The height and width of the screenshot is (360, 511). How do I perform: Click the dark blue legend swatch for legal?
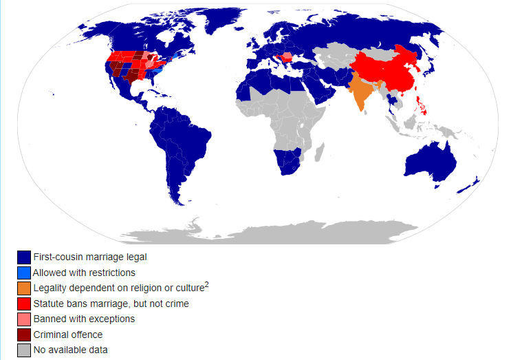pyautogui.click(x=24, y=257)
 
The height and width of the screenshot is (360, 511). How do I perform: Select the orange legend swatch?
pyautogui.click(x=24, y=288)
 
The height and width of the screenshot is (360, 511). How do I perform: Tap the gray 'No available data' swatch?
pyautogui.click(x=24, y=350)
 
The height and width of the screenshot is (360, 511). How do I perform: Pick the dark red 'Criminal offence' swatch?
pyautogui.click(x=24, y=335)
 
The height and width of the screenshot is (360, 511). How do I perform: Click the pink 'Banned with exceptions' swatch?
pyautogui.click(x=24, y=319)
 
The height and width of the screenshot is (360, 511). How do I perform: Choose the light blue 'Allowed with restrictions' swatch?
pyautogui.click(x=24, y=273)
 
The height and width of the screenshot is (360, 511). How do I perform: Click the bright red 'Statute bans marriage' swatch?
pyautogui.click(x=24, y=304)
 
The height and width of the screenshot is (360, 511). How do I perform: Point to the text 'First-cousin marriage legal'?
pyautogui.click(x=90, y=257)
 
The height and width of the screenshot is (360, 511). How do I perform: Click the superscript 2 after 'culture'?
pyautogui.click(x=206, y=284)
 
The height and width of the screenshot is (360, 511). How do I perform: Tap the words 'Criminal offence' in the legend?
pyautogui.click(x=68, y=335)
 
